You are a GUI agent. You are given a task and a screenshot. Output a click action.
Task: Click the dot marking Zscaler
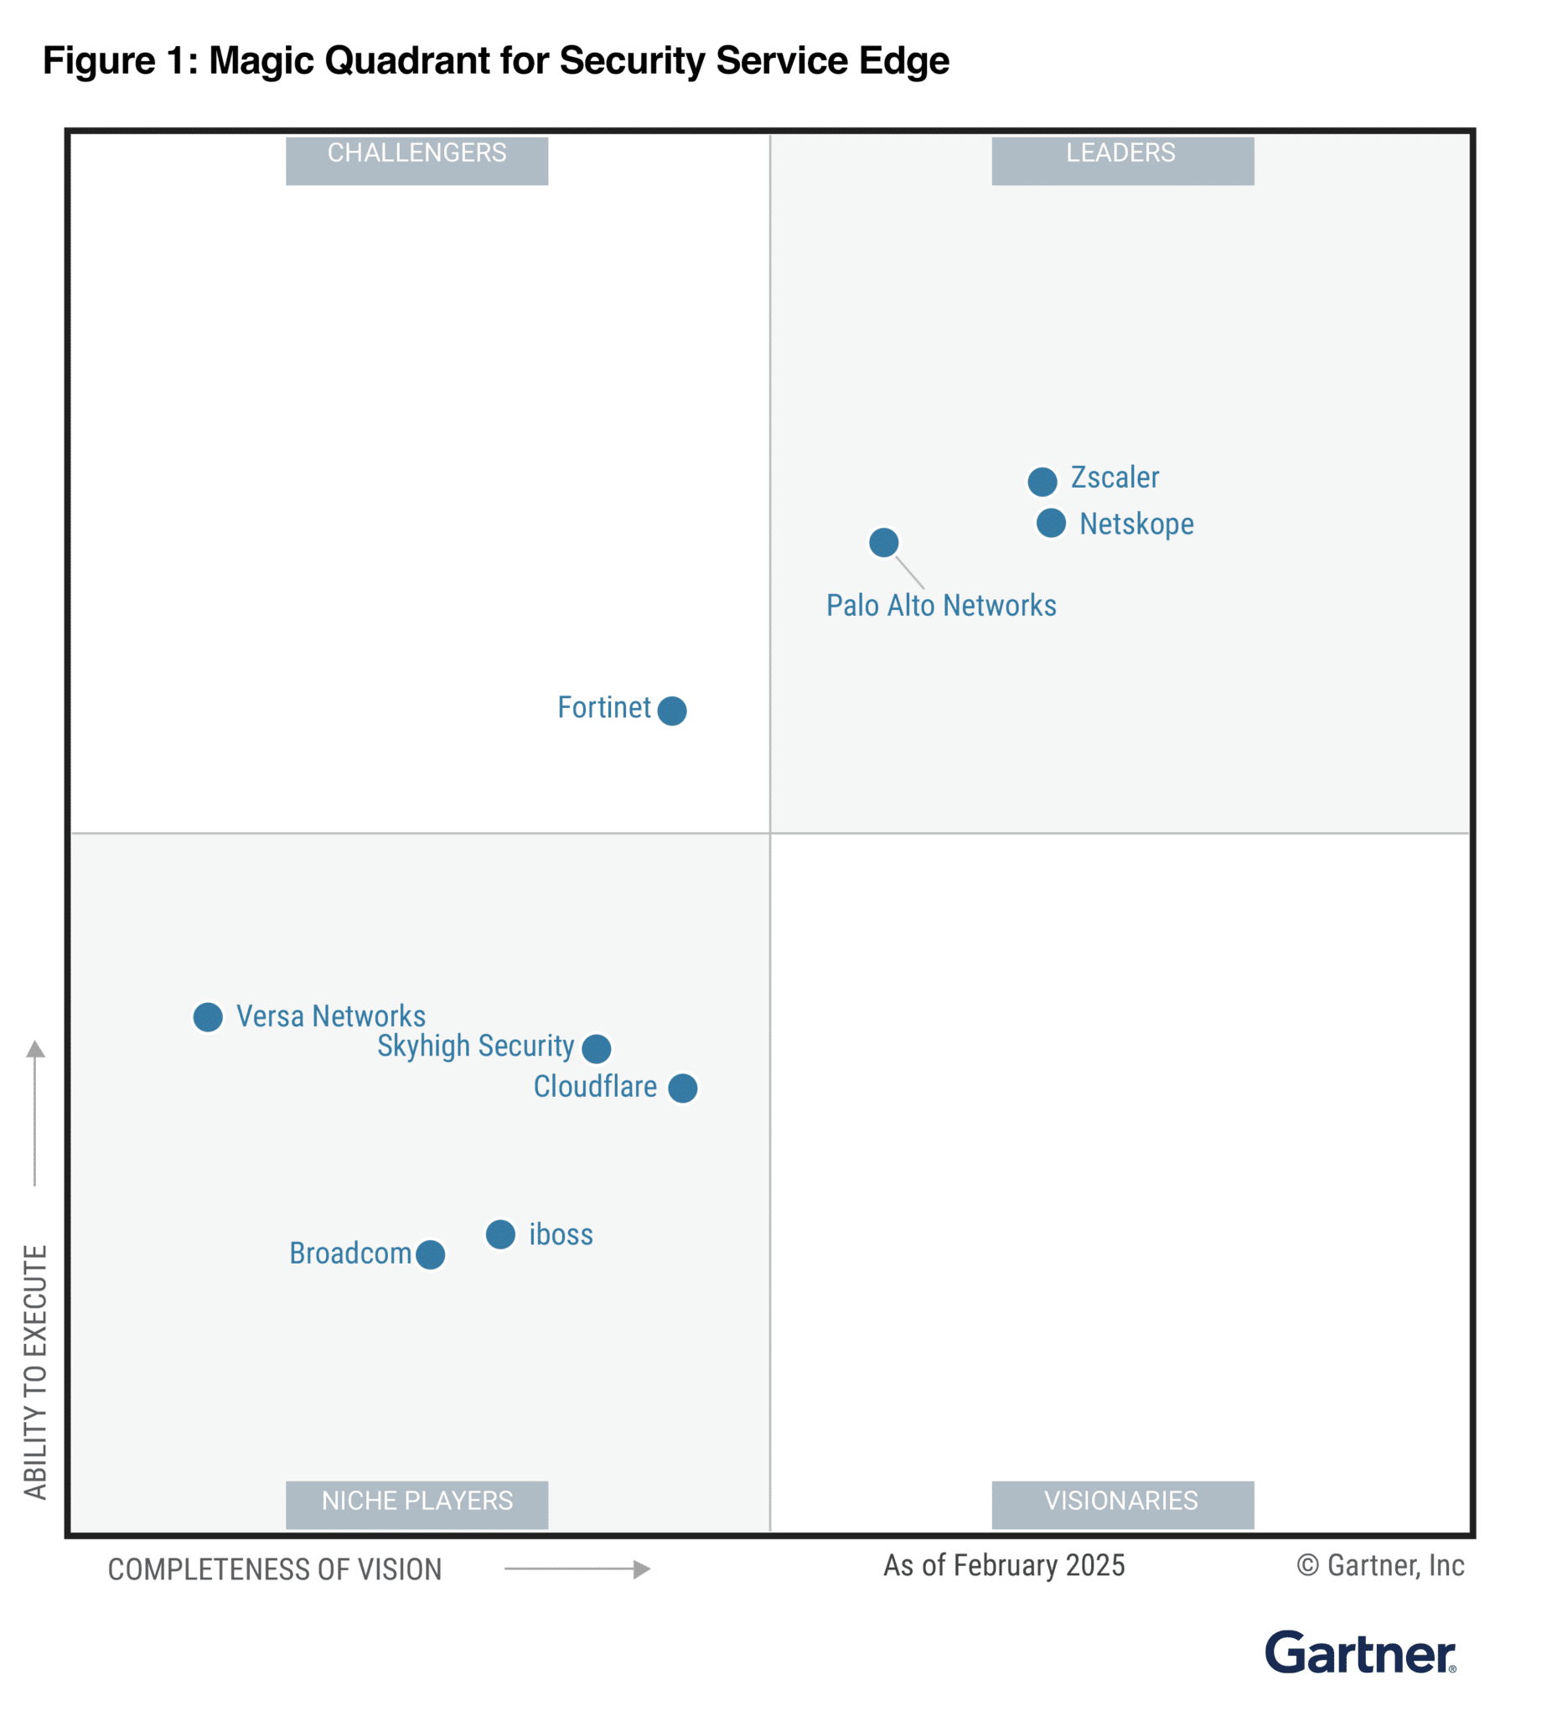[x=1041, y=482]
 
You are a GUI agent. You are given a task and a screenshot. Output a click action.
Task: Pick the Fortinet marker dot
[x=672, y=710]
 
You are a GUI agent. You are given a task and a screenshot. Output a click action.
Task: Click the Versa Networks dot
[x=208, y=1016]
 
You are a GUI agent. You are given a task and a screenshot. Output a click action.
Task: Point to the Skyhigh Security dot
[x=596, y=1048]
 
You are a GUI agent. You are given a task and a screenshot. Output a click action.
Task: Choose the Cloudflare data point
[x=682, y=1088]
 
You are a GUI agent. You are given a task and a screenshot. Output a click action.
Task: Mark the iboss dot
[x=500, y=1233]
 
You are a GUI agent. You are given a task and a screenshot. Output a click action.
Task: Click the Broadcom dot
[x=430, y=1253]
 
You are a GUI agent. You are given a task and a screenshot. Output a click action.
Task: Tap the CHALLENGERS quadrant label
[x=416, y=160]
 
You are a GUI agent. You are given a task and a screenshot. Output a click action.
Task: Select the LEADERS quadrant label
[x=1121, y=160]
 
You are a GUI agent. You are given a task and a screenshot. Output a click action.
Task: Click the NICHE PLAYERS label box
[x=416, y=1504]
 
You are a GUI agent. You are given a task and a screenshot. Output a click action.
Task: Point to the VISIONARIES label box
[x=1121, y=1504]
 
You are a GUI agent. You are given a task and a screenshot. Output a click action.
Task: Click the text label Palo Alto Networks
[x=941, y=605]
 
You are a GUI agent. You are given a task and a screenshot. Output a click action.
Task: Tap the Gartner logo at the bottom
[x=1359, y=1653]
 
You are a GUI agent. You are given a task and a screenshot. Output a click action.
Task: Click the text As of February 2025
[x=1004, y=1565]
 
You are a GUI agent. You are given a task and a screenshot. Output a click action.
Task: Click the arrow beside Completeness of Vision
[x=577, y=1569]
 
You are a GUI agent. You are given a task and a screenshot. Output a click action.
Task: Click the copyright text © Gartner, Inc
[x=1379, y=1565]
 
